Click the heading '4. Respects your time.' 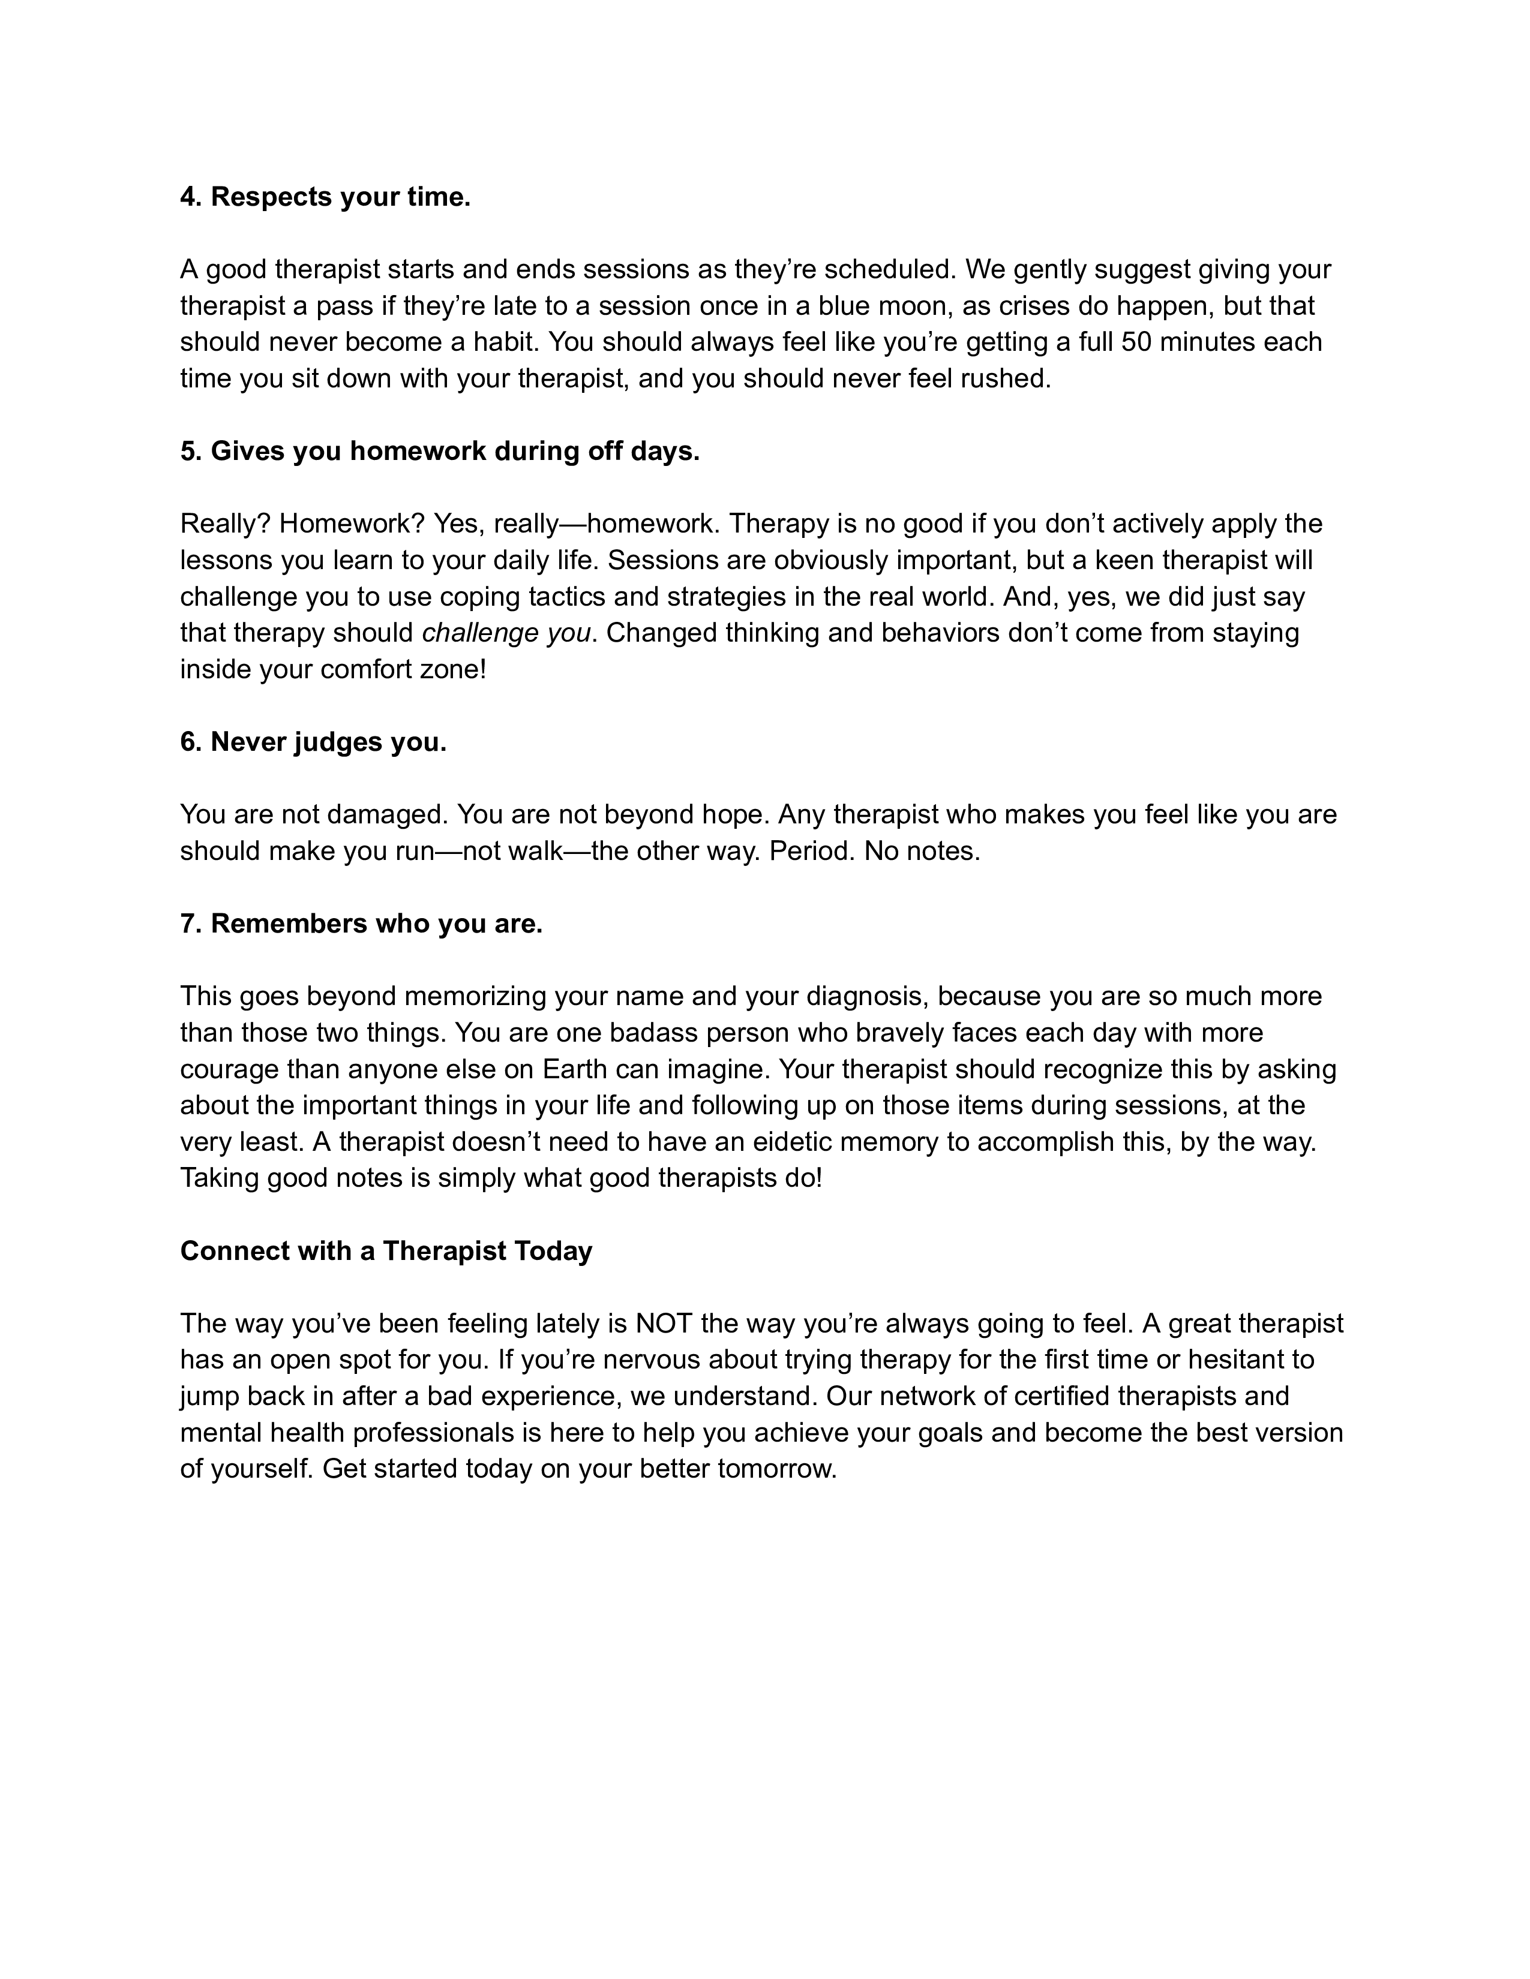[x=325, y=197]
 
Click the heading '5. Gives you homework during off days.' [x=440, y=450]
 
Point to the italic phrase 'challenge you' [x=506, y=633]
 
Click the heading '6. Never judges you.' [x=314, y=742]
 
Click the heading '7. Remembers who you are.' [x=362, y=924]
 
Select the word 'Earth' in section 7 [x=575, y=1069]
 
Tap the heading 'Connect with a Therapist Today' [x=386, y=1250]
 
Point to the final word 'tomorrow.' [x=777, y=1469]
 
